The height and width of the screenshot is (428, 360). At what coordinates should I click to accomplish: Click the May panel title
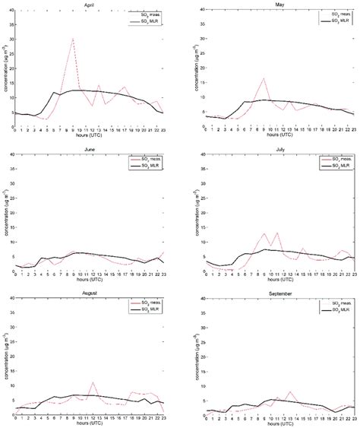click(x=276, y=4)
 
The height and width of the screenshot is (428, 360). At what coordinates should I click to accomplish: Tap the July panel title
click(x=276, y=147)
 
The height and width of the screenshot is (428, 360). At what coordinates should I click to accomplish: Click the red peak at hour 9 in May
click(x=264, y=78)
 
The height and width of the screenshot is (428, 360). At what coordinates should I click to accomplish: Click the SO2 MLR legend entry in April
click(x=159, y=20)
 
